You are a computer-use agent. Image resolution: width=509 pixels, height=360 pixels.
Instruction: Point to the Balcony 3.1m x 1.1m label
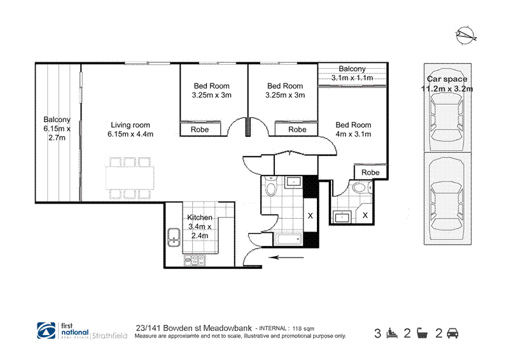click(352, 73)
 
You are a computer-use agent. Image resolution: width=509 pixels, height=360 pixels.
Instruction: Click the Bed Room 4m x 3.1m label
click(353, 129)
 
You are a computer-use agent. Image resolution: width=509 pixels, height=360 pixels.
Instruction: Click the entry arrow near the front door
click(287, 258)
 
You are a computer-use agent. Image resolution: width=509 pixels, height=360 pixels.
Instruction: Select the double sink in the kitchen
click(173, 237)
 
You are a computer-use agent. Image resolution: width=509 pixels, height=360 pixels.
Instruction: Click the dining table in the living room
click(130, 178)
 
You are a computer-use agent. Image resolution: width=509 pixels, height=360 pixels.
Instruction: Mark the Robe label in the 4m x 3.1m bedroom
click(370, 172)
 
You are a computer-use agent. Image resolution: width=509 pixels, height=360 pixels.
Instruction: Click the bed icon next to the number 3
click(393, 333)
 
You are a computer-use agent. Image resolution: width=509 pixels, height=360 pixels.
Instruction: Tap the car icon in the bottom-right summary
click(452, 333)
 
